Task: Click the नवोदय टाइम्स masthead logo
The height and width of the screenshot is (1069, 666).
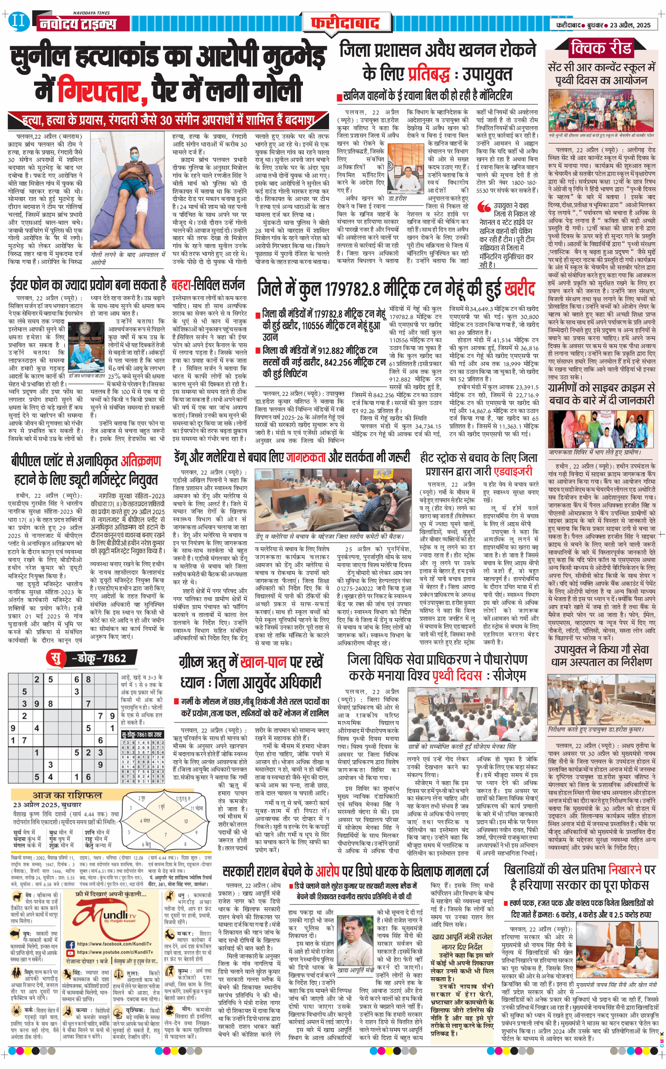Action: point(77,24)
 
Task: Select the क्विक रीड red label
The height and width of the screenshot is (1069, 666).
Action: point(601,48)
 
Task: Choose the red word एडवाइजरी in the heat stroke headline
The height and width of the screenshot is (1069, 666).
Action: point(506,471)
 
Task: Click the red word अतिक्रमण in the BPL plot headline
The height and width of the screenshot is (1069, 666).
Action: point(141,461)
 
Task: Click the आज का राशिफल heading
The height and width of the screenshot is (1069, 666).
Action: point(67,795)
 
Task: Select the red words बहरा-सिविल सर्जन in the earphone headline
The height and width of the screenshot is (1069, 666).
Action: point(207,285)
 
